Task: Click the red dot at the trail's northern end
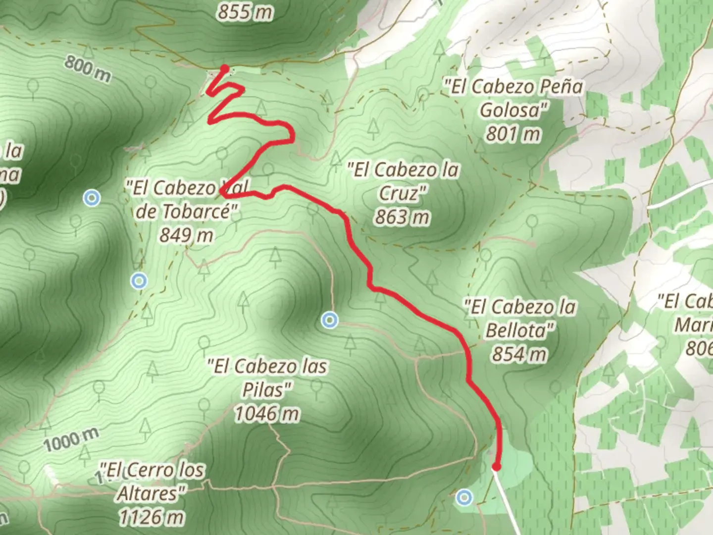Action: [x=225, y=68]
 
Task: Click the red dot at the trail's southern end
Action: [x=496, y=466]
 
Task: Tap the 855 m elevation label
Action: [x=245, y=11]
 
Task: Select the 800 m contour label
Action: [x=88, y=69]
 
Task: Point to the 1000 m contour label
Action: [x=71, y=440]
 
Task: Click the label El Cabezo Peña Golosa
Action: [x=513, y=98]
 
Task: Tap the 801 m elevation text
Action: [x=513, y=134]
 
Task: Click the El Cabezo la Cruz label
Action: [x=403, y=181]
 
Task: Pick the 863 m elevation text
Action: [x=402, y=217]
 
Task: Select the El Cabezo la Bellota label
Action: [x=520, y=318]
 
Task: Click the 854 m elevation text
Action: [x=519, y=354]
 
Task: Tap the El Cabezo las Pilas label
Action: [x=267, y=378]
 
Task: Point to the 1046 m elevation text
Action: [x=267, y=414]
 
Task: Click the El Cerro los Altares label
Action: [x=152, y=481]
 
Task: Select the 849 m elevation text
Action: [x=186, y=235]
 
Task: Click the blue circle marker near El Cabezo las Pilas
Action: [x=330, y=321]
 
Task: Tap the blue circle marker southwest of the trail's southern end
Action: [x=464, y=497]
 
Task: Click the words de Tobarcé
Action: [x=183, y=212]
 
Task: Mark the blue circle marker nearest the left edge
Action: [x=92, y=198]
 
